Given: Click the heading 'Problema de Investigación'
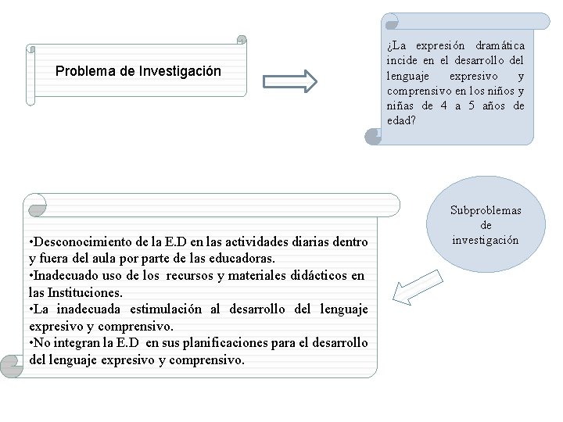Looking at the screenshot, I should pos(138,71).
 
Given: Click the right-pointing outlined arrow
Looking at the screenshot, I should pos(289,80).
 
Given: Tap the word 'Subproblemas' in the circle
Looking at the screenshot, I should pos(486,210).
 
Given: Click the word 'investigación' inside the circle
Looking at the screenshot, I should pos(486,240).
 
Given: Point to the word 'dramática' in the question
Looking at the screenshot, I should pos(498,46).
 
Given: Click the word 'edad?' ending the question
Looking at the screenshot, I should pos(401,120).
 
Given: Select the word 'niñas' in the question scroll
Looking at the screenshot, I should pos(401,105).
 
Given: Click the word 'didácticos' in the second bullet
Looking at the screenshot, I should pos(317,276).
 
